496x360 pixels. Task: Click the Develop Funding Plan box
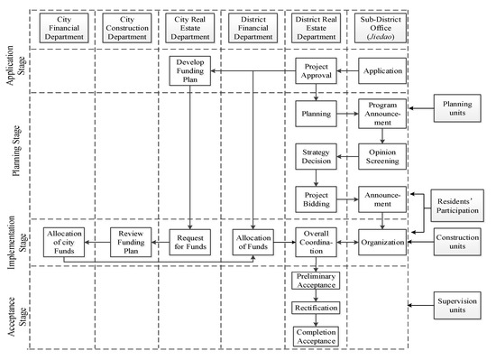click(189, 70)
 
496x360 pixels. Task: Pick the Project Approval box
click(316, 70)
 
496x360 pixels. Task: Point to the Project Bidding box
click(316, 198)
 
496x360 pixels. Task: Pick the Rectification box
click(316, 308)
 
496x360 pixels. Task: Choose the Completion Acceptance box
click(316, 337)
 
